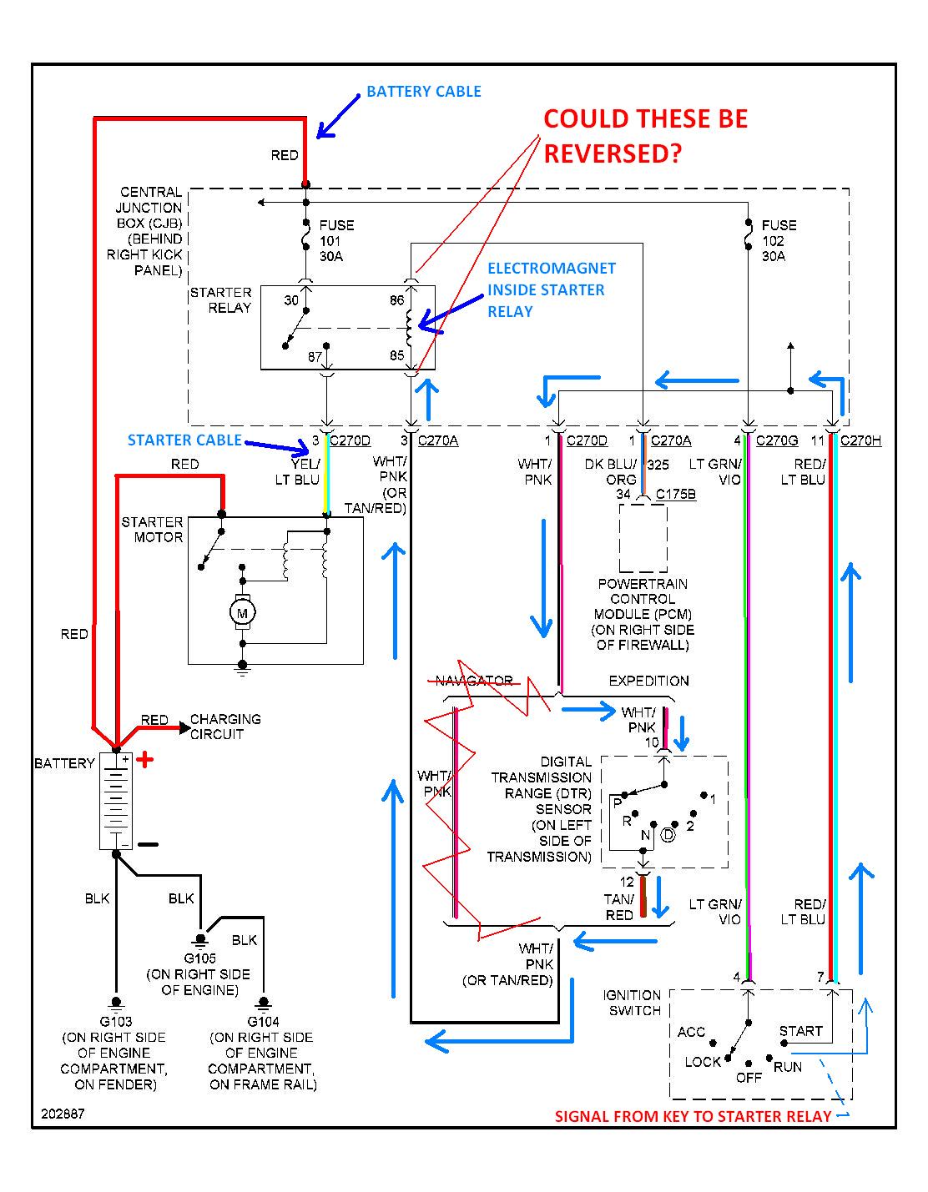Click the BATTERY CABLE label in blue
[x=423, y=92]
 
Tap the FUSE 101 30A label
[x=336, y=240]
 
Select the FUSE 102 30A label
[x=779, y=240]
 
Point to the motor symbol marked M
[x=243, y=613]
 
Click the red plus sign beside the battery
[x=144, y=760]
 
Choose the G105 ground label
[x=199, y=958]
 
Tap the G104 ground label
[x=263, y=1021]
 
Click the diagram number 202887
[x=61, y=1114]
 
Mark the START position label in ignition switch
[x=800, y=1031]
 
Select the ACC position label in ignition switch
[x=691, y=1032]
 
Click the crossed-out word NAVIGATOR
[x=475, y=681]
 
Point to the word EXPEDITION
[x=648, y=681]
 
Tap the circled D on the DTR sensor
[x=667, y=834]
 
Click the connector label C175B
[x=675, y=495]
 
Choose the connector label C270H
[x=860, y=440]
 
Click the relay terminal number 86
[x=396, y=300]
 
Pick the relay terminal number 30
[x=290, y=300]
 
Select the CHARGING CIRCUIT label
[x=225, y=727]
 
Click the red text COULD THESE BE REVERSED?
[x=645, y=136]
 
